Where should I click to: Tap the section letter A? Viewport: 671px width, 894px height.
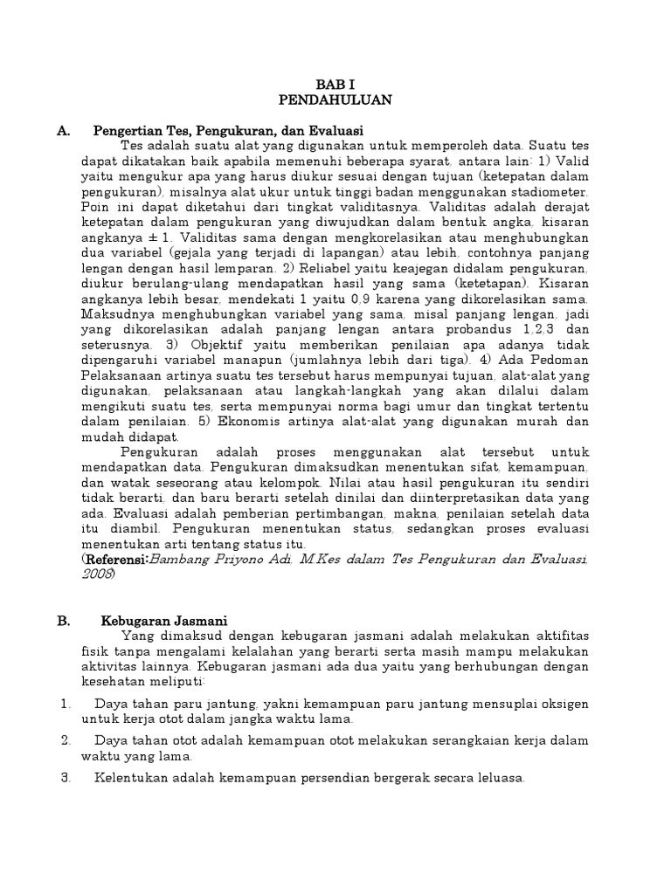(x=62, y=130)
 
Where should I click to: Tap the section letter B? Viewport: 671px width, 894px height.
(x=62, y=620)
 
